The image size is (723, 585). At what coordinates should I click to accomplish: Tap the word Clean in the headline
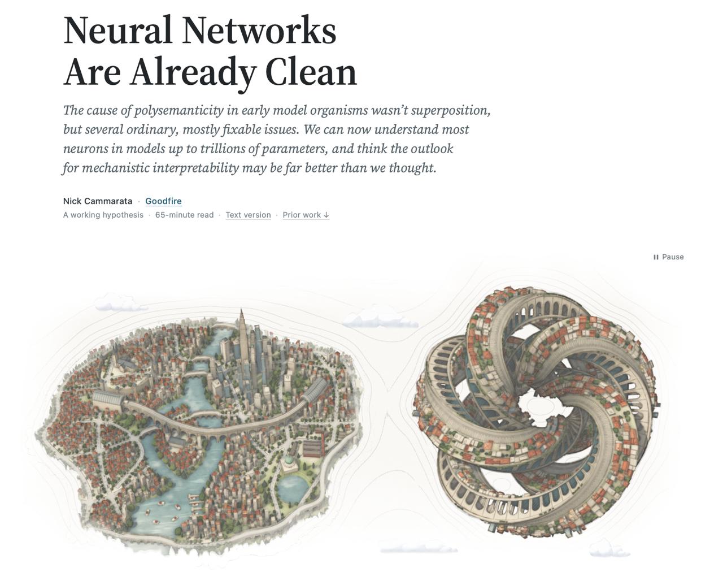(311, 72)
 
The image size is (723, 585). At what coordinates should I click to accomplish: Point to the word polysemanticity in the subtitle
(179, 110)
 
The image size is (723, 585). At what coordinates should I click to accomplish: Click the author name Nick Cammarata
(98, 201)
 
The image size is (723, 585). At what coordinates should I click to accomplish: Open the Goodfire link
(163, 201)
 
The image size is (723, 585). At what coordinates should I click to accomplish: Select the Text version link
(248, 215)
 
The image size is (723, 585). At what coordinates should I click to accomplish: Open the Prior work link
(306, 215)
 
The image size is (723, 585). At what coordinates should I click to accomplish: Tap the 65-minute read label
(184, 215)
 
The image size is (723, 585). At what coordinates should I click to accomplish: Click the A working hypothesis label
(103, 215)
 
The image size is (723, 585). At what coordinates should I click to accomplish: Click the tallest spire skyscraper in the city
(242, 340)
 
